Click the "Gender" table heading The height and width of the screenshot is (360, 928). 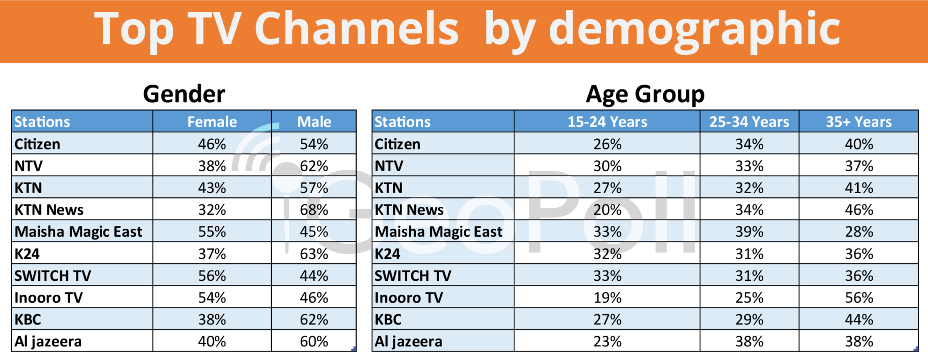pyautogui.click(x=184, y=94)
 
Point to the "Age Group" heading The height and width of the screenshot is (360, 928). pyautogui.click(x=645, y=94)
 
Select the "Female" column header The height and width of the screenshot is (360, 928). pyautogui.click(x=212, y=122)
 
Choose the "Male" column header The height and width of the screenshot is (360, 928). pyautogui.click(x=314, y=122)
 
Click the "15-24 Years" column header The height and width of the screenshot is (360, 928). pyautogui.click(x=607, y=122)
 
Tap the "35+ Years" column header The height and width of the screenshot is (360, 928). pyautogui.click(x=859, y=122)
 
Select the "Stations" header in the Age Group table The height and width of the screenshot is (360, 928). pyautogui.click(x=402, y=122)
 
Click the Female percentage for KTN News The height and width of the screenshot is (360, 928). pyautogui.click(x=212, y=210)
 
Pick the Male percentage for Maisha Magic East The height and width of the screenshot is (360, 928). pyautogui.click(x=314, y=232)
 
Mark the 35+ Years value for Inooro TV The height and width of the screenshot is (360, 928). pyautogui.click(x=859, y=298)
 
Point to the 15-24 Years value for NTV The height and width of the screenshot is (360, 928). pyautogui.click(x=607, y=166)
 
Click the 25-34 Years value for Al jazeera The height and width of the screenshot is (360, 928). pyautogui.click(x=749, y=341)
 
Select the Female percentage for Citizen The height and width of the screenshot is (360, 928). pyautogui.click(x=212, y=144)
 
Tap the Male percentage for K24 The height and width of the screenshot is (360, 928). pyautogui.click(x=314, y=254)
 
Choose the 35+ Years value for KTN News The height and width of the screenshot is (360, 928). pyautogui.click(x=859, y=210)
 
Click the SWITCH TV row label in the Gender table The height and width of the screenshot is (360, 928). pyautogui.click(x=52, y=276)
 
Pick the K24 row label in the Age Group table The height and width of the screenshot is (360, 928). pyautogui.click(x=387, y=254)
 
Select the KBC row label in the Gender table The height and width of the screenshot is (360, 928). pyautogui.click(x=28, y=320)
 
